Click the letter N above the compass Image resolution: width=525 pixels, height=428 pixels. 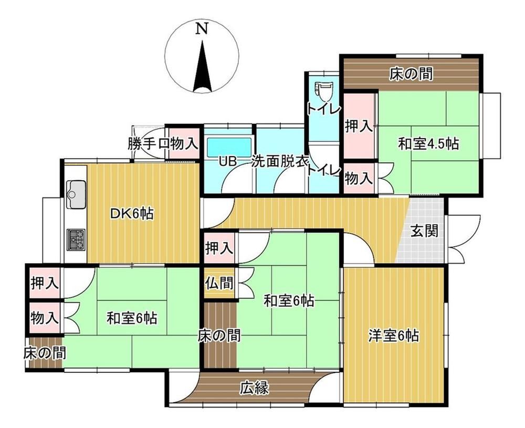[202, 28]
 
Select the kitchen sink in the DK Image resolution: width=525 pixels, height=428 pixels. [76, 194]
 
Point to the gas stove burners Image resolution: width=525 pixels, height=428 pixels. [76, 239]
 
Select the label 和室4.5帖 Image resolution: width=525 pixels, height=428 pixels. [428, 144]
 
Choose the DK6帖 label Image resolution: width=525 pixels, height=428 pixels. [132, 213]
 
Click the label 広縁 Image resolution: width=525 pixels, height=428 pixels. [255, 388]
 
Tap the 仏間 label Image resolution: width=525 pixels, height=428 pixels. [219, 283]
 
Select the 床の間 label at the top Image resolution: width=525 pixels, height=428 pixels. [411, 74]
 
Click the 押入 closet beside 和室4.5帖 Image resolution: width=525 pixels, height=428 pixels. [359, 126]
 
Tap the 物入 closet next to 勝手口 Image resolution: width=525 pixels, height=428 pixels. [183, 143]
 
